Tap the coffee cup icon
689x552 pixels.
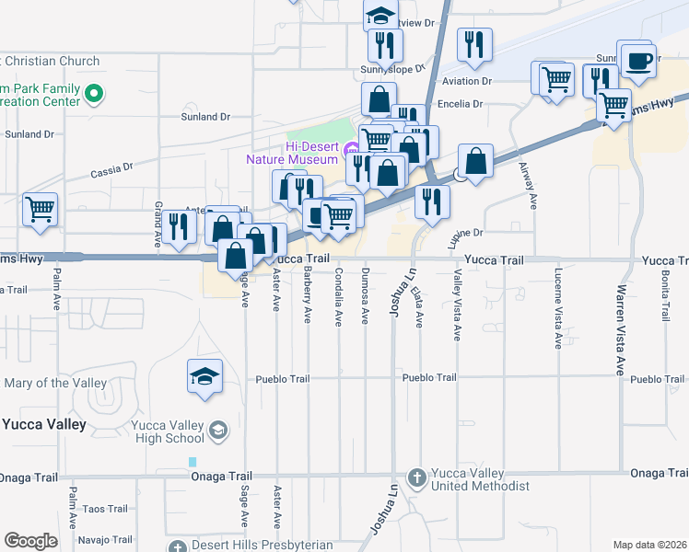click(636, 62)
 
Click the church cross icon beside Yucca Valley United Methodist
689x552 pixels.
click(416, 477)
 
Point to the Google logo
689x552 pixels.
click(30, 541)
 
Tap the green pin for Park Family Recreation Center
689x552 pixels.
click(93, 94)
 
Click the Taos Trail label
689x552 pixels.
click(106, 509)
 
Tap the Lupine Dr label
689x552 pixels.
click(466, 235)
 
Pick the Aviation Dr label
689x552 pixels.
click(468, 82)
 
